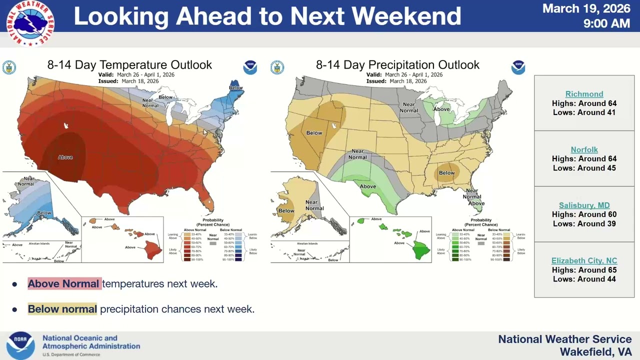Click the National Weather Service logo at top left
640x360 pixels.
pos(30,23)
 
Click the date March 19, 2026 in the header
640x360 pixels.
pos(586,8)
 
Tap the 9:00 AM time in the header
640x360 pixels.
pos(606,23)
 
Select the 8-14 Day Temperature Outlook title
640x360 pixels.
pos(129,65)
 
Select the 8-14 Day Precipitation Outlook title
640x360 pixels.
pos(397,65)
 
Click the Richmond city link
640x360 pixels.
pos(584,94)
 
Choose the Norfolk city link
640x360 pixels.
pos(584,149)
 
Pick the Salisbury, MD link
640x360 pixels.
pos(584,205)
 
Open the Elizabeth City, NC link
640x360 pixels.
pos(584,261)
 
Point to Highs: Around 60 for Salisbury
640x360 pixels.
pos(584,214)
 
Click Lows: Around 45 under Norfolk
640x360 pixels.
pos(584,168)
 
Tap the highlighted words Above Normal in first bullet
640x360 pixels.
pos(63,284)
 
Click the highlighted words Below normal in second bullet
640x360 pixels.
pos(62,309)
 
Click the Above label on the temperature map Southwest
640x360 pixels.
pos(65,157)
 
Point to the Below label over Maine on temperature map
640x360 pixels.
pos(235,88)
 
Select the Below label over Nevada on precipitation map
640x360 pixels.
pos(314,133)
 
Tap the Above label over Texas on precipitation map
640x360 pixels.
pos(367,186)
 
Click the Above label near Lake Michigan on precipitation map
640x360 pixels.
pos(441,109)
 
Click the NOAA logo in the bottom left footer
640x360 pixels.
pos(20,345)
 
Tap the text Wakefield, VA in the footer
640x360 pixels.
pos(595,352)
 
